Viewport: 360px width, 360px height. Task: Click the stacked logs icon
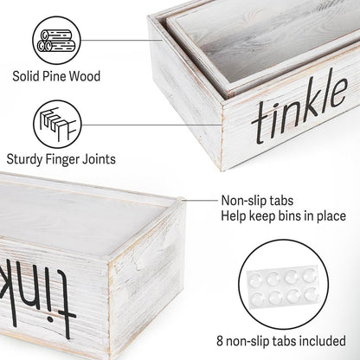click(x=56, y=40)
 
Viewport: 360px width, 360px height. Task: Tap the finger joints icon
click(x=57, y=125)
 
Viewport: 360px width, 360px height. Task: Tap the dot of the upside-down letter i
click(x=50, y=319)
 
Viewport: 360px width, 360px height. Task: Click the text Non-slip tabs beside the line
click(x=257, y=201)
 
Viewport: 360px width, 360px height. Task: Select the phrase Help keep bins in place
click(x=283, y=216)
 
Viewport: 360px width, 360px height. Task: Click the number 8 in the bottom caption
click(x=220, y=341)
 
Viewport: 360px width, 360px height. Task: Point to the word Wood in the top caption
click(x=85, y=76)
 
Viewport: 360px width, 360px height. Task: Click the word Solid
click(x=26, y=76)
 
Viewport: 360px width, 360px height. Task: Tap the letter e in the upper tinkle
click(x=338, y=92)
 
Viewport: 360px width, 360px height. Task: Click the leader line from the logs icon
click(x=121, y=40)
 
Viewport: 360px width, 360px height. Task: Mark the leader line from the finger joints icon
click(x=151, y=125)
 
